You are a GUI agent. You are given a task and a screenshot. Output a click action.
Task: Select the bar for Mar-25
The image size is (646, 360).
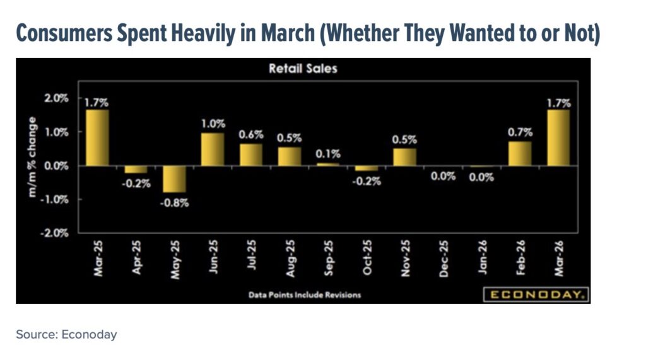(97, 137)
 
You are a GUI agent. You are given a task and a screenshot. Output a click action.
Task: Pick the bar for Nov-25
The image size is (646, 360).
(404, 156)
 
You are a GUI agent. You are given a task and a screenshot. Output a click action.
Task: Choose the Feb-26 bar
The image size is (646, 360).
(520, 153)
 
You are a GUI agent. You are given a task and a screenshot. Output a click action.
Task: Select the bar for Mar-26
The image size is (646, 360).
(558, 137)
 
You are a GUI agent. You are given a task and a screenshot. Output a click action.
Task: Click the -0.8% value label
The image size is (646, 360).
(174, 202)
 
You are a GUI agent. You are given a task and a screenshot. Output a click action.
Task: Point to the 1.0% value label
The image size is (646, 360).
(213, 124)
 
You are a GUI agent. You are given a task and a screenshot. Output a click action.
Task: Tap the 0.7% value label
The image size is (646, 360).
(520, 132)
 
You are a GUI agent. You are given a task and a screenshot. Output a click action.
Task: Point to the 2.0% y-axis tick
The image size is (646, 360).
(56, 98)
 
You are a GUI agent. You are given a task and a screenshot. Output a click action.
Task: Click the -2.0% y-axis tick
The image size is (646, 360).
(56, 233)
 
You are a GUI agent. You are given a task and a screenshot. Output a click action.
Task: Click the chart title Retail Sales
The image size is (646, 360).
(303, 69)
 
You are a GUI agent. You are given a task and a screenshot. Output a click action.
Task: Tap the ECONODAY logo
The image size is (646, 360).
(536, 294)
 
